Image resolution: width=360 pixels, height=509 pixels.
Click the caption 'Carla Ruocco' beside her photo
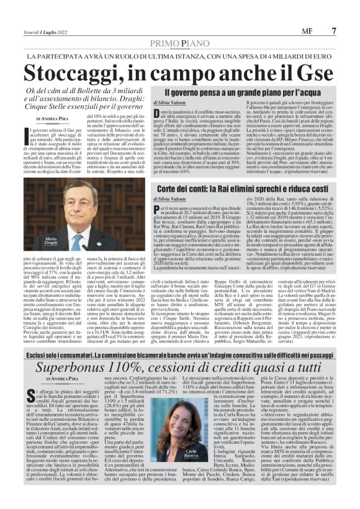(x=191, y=454)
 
